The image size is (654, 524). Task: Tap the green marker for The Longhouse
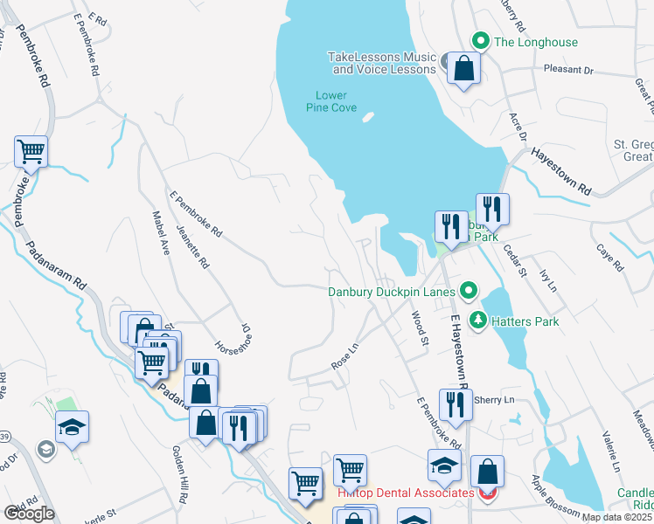coord(480,40)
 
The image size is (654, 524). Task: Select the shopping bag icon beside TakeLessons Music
coord(463,68)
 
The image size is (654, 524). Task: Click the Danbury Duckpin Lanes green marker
coord(470,291)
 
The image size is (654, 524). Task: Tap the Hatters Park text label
coord(525,321)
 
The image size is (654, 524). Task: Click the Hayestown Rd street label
coord(561,171)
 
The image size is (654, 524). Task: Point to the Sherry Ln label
coord(493,400)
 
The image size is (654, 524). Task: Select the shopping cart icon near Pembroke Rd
coord(31,152)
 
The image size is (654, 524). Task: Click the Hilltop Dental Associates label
coord(406,493)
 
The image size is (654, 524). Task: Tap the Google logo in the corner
coord(29,514)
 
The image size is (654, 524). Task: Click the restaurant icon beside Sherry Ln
coord(455,404)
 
